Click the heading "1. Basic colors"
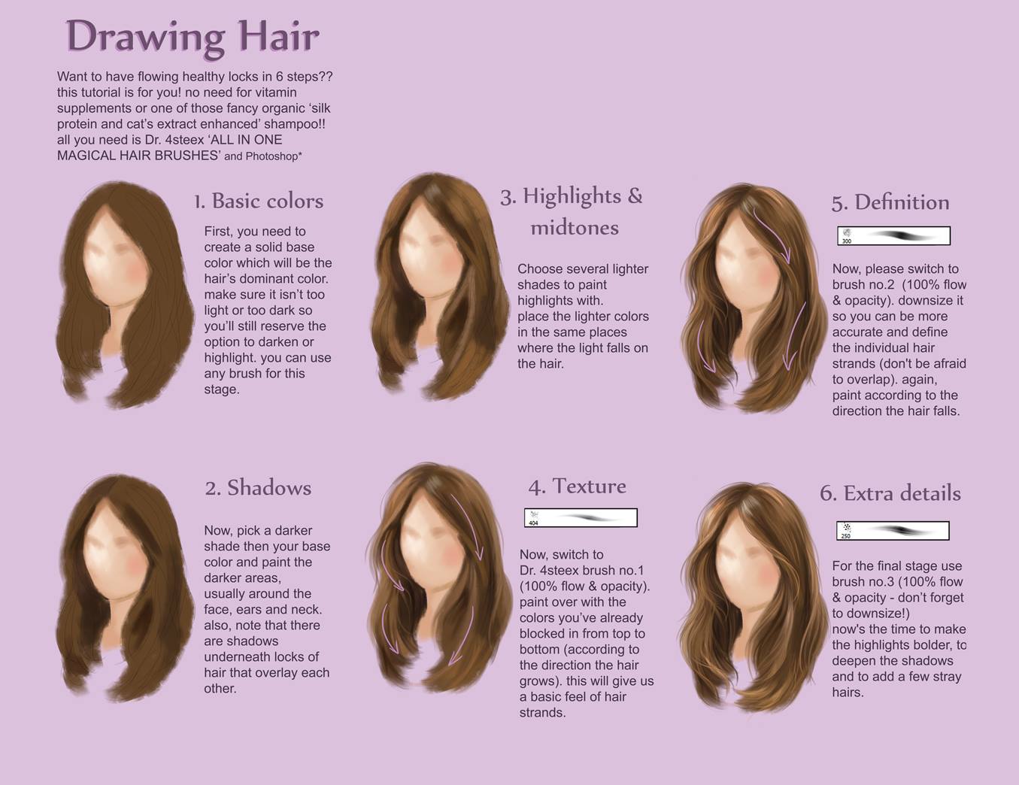[x=259, y=201]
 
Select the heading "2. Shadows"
[x=258, y=488]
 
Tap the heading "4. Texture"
[x=577, y=486]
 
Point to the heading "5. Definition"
[x=890, y=202]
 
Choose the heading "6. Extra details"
[x=890, y=493]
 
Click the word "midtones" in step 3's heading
[x=575, y=228]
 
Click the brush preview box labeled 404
[x=581, y=518]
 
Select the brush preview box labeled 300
[x=894, y=236]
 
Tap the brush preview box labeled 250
[x=893, y=531]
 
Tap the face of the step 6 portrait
[x=745, y=562]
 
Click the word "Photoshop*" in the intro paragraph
[x=274, y=156]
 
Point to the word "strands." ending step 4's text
[x=542, y=713]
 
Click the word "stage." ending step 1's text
[x=222, y=390]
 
